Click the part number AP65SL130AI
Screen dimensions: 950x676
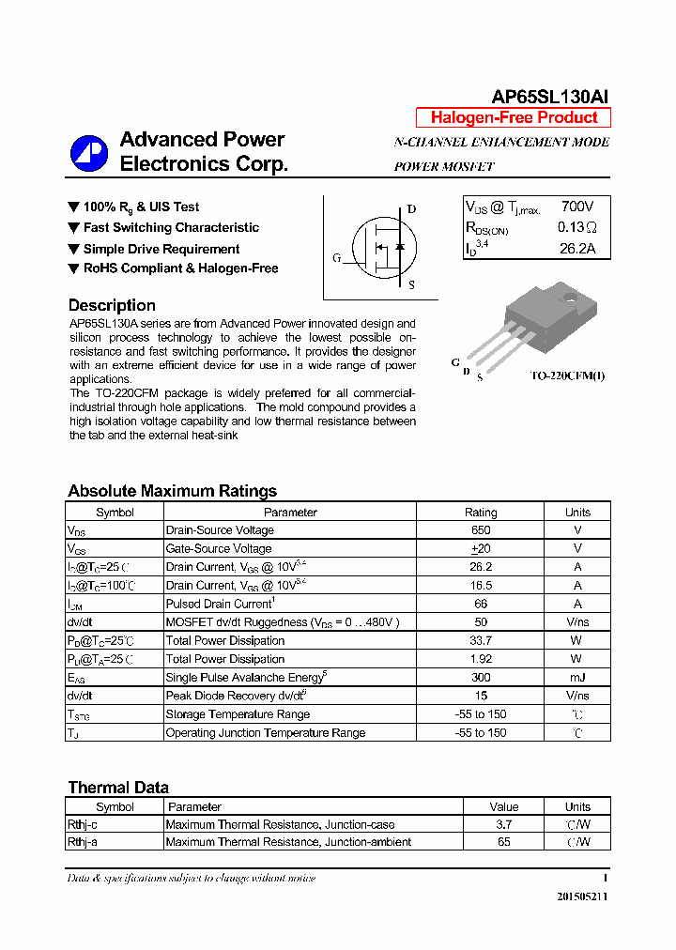(x=550, y=97)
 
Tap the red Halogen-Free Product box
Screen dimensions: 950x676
(x=514, y=118)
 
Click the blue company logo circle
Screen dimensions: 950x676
(x=89, y=153)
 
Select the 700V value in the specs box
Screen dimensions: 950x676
(x=577, y=207)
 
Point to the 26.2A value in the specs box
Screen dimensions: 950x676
(x=577, y=249)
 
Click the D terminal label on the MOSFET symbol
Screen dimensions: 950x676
(x=411, y=209)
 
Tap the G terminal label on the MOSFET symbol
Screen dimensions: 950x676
(x=336, y=258)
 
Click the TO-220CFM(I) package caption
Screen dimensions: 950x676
(x=567, y=376)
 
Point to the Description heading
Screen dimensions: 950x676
(x=112, y=305)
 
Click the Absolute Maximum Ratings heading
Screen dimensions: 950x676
(x=172, y=491)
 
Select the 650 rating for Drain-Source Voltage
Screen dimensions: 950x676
(x=481, y=530)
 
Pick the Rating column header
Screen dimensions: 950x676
(x=481, y=513)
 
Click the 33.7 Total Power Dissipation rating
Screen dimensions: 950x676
(x=481, y=640)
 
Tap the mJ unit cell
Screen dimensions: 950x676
(x=577, y=677)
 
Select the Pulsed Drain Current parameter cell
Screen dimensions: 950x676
(x=220, y=604)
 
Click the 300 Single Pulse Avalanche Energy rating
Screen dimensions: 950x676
(x=481, y=677)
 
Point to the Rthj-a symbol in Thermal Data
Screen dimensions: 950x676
(x=82, y=842)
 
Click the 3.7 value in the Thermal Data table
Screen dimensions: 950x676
(x=504, y=824)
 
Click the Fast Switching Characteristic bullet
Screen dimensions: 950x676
(x=170, y=227)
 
